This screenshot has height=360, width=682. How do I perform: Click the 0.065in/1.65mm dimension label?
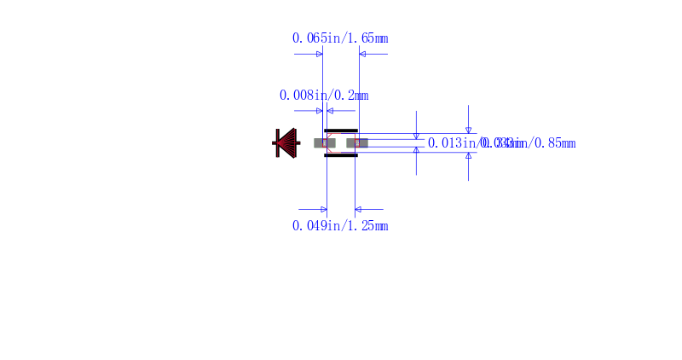tap(340, 38)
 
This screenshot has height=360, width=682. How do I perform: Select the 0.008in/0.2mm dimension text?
tap(324, 95)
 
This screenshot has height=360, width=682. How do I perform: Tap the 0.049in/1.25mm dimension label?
tap(340, 226)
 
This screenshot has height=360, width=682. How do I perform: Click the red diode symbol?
tap(286, 142)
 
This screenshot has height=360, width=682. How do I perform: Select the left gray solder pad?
tap(325, 142)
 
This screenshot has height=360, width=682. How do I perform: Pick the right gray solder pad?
tap(357, 142)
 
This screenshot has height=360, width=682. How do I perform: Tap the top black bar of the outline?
tap(341, 131)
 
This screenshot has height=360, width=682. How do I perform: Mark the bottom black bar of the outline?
tap(341, 155)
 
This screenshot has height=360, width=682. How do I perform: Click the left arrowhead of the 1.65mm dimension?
tap(320, 54)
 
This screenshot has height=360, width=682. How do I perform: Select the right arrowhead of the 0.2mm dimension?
tap(330, 111)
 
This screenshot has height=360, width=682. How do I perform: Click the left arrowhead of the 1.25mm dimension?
tap(323, 209)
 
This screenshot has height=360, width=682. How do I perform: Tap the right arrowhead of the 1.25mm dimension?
tap(358, 209)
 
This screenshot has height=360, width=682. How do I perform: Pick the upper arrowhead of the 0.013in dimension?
tap(416, 136)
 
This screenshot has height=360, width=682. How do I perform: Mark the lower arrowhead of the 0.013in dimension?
tap(416, 149)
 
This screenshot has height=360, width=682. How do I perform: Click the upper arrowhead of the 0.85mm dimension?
tap(468, 130)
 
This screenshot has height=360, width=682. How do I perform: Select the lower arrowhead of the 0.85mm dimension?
tap(468, 155)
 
